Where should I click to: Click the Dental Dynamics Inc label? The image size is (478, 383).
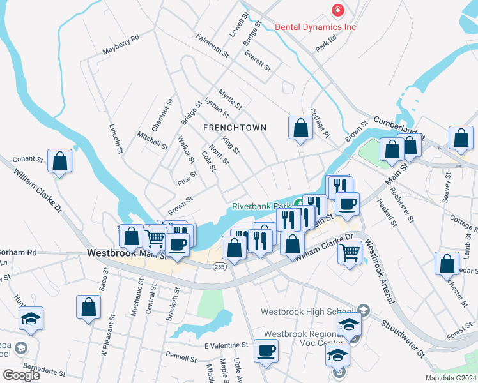pyautogui.click(x=315, y=27)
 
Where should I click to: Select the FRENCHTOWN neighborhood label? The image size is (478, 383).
pyautogui.click(x=235, y=128)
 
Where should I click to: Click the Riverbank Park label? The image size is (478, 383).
pyautogui.click(x=261, y=206)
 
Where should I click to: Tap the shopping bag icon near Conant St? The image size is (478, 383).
pyautogui.click(x=59, y=161)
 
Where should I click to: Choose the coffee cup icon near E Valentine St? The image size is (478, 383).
pyautogui.click(x=266, y=352)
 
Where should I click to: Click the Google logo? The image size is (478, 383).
pyautogui.click(x=21, y=375)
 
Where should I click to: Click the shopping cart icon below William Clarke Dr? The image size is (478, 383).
pyautogui.click(x=350, y=253)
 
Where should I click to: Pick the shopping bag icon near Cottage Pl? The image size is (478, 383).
pyautogui.click(x=300, y=127)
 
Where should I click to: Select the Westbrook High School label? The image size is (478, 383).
pyautogui.click(x=309, y=312)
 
